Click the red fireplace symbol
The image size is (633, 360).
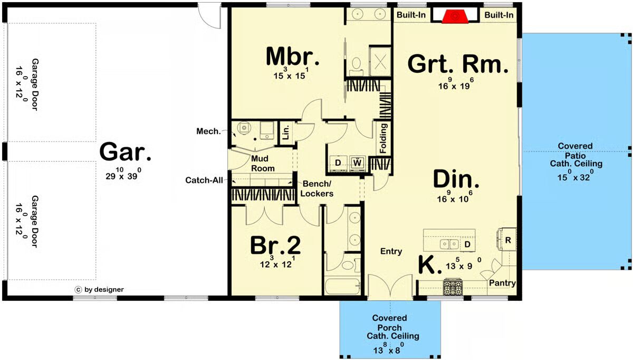[x=454, y=16]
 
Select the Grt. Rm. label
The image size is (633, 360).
[x=458, y=64]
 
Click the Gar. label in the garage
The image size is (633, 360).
[x=125, y=152]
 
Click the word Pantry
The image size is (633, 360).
[x=502, y=283]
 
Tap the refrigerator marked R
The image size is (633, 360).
[x=508, y=240]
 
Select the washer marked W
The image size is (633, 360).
[x=358, y=163]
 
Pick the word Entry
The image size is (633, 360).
[x=391, y=251]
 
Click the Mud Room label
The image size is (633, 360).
[x=263, y=164]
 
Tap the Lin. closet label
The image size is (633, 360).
[x=286, y=132]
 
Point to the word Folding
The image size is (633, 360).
[x=383, y=138]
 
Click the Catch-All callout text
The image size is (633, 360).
[x=204, y=180]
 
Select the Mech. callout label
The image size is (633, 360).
[x=208, y=131]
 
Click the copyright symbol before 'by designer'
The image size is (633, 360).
[x=78, y=290]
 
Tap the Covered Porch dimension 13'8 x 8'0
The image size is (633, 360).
[x=389, y=350]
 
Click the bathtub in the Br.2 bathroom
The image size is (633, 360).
[x=342, y=287]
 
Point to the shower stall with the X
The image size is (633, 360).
[x=380, y=60]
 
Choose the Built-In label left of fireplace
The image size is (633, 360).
[x=411, y=15]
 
